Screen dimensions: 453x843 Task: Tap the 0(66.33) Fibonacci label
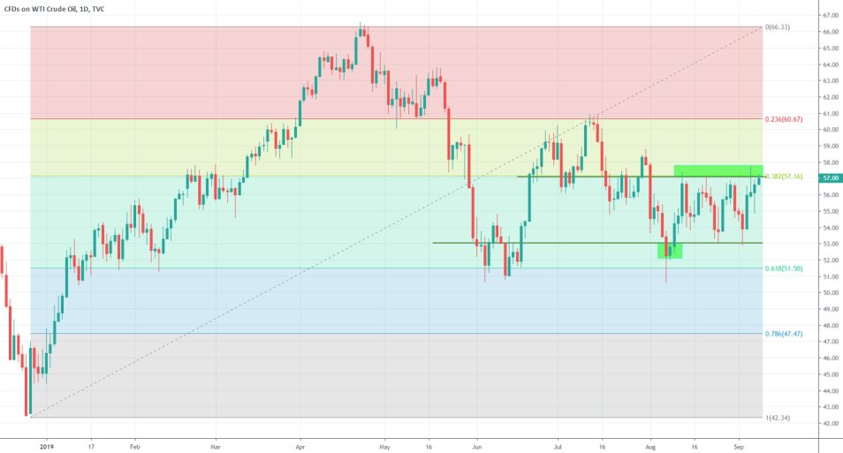[778, 27]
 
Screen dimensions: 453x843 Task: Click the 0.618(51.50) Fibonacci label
[782, 268]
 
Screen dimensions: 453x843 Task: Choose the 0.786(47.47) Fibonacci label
[782, 334]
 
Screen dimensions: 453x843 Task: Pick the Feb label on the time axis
[134, 446]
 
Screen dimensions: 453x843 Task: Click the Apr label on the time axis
[300, 446]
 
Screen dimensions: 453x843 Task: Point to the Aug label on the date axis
[650, 446]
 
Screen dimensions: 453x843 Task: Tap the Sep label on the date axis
[738, 446]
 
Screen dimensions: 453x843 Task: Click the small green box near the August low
[670, 251]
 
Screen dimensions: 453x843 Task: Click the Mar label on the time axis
[216, 446]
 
